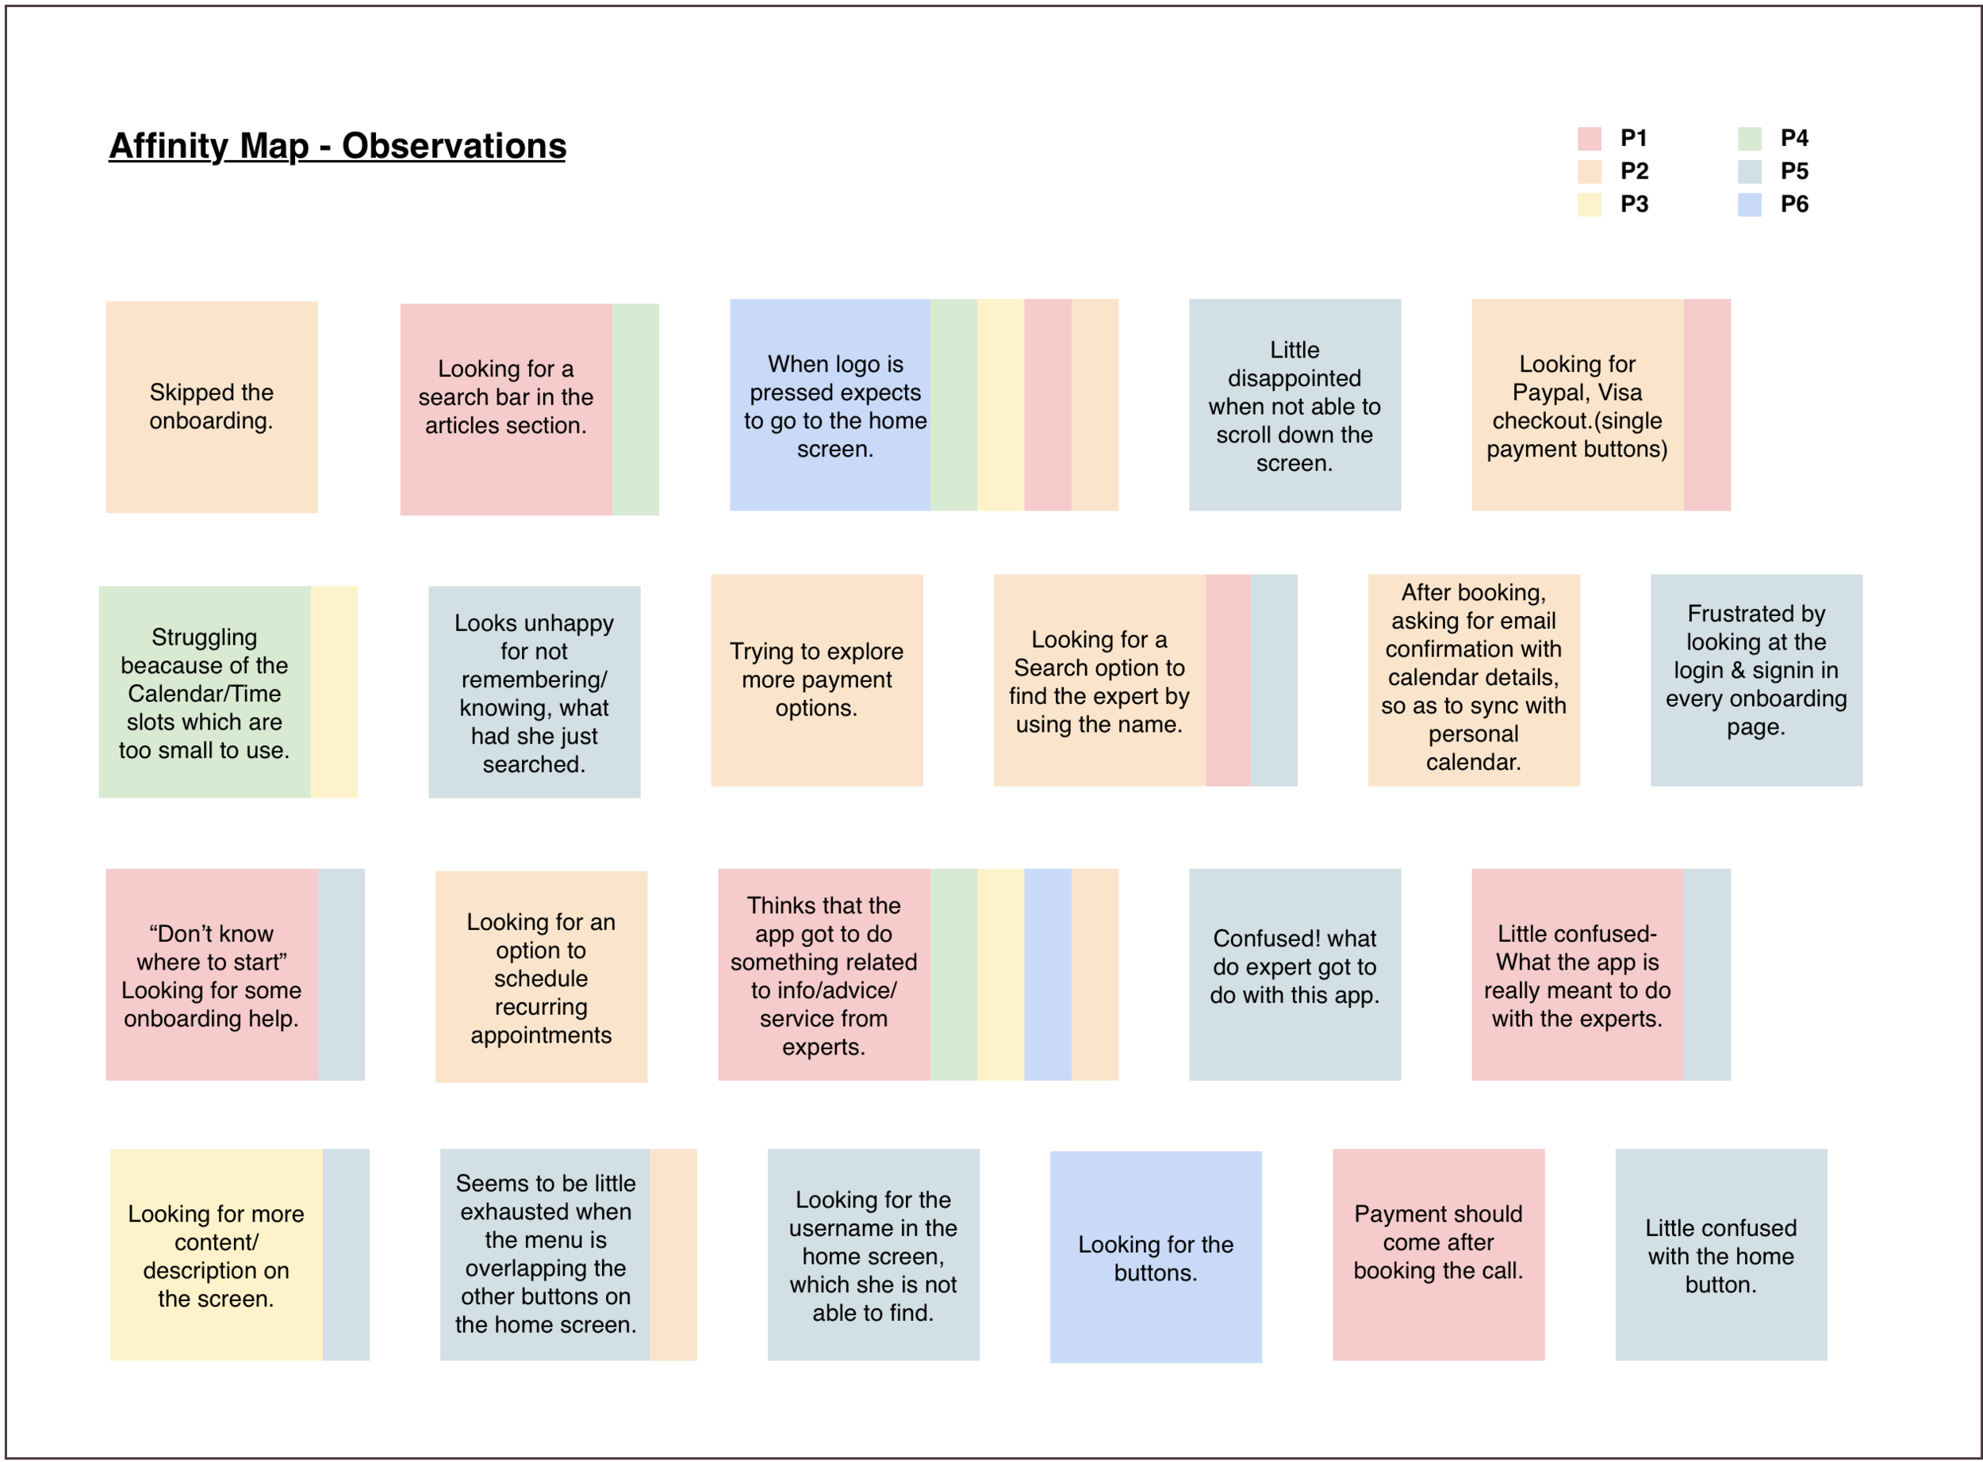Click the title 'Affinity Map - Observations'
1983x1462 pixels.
pyautogui.click(x=337, y=146)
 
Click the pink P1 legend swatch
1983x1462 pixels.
pyautogui.click(x=1589, y=138)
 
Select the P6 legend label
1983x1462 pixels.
pyautogui.click(x=1793, y=205)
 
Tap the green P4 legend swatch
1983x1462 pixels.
pyautogui.click(x=1749, y=138)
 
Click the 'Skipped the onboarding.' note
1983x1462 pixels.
pyautogui.click(x=212, y=407)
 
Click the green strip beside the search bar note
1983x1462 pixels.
pyautogui.click(x=635, y=409)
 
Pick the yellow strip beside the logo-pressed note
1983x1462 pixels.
pyautogui.click(x=1000, y=404)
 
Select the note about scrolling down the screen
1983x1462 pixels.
pyautogui.click(x=1295, y=405)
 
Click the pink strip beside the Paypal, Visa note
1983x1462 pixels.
pyautogui.click(x=1707, y=404)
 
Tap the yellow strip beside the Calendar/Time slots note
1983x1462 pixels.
pyautogui.click(x=334, y=691)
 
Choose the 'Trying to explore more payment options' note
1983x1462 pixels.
pyautogui.click(x=816, y=679)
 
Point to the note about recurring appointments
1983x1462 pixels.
pyautogui.click(x=541, y=977)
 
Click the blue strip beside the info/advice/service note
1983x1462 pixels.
pyautogui.click(x=1047, y=974)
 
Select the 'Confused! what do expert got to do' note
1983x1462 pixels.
pyautogui.click(x=1295, y=974)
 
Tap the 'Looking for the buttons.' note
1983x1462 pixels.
pyautogui.click(x=1155, y=1257)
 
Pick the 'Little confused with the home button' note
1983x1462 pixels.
pyautogui.click(x=1720, y=1254)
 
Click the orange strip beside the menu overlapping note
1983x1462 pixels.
pyautogui.click(x=673, y=1254)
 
